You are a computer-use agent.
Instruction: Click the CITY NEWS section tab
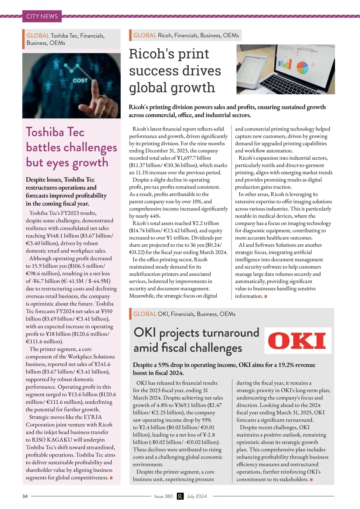coord(42,16)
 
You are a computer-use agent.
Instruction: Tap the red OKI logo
coord(297,341)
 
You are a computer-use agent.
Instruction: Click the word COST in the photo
coord(80,80)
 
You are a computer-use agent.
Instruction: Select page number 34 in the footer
coord(25,496)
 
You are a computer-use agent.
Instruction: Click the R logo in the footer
coord(180,496)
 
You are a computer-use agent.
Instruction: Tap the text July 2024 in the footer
coord(197,496)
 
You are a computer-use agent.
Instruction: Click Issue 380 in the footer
coord(163,496)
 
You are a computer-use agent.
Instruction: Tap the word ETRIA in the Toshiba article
coord(93,417)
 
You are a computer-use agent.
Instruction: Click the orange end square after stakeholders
coord(311,480)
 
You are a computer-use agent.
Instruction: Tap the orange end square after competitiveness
coord(111,478)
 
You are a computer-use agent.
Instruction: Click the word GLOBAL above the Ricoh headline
coord(145,35)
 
